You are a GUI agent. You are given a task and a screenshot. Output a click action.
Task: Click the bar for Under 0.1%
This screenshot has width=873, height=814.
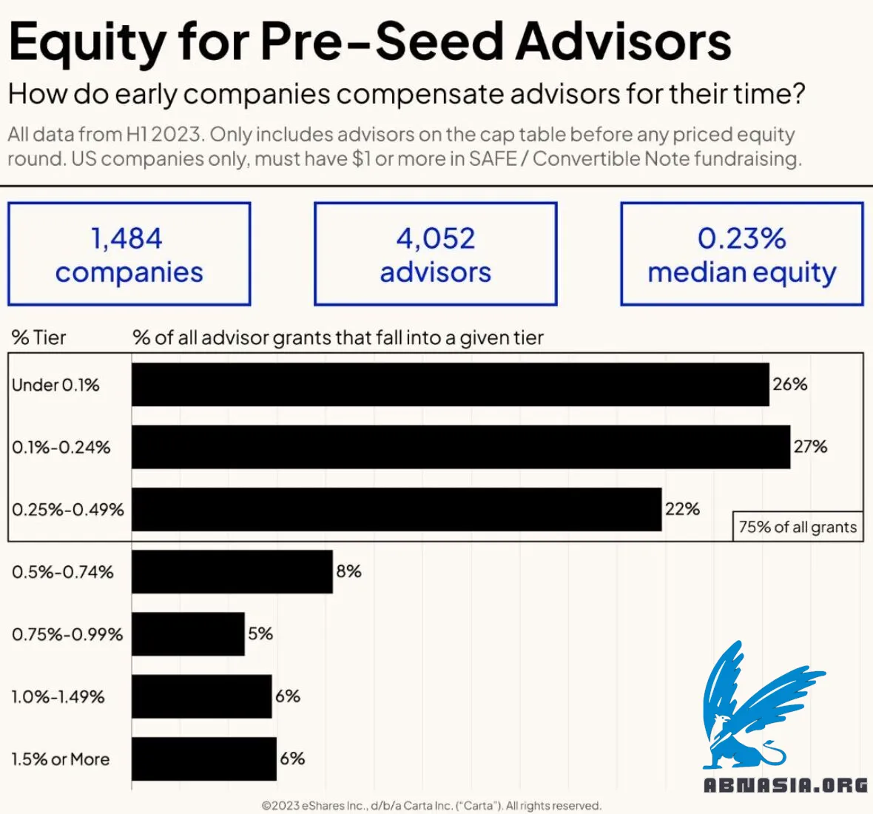pos(450,384)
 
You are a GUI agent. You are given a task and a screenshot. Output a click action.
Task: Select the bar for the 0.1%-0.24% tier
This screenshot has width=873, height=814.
pos(460,447)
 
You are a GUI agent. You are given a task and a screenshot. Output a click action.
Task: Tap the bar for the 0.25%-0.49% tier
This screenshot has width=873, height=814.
pos(397,509)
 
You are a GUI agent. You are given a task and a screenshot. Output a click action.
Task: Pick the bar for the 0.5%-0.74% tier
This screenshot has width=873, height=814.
pos(232,571)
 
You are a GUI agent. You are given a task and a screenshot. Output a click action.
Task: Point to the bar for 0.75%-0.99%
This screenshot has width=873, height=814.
pos(188,634)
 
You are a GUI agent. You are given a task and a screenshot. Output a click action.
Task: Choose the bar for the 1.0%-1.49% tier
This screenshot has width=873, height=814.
pos(201,696)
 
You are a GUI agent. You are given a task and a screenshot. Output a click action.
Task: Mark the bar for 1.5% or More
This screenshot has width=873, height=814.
pos(204,758)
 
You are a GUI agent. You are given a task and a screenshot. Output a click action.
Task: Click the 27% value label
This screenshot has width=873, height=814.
pos(810,447)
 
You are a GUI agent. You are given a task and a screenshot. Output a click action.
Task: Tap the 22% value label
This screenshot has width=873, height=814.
pos(682,509)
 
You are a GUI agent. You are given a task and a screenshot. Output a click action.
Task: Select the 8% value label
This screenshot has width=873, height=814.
pos(348,571)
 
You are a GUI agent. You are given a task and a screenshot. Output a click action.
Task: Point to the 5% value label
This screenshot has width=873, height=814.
pos(260,634)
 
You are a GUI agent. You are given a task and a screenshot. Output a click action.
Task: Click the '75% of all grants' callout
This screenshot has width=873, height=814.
pos(798,527)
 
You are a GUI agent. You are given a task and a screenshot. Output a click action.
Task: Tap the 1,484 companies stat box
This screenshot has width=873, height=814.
pos(129,254)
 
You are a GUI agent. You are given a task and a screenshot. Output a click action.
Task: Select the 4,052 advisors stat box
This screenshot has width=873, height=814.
pos(436,254)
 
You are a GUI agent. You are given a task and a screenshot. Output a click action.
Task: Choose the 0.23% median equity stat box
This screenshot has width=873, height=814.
pos(742,254)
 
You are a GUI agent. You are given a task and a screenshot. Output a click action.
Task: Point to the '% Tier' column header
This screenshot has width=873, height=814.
pos(38,338)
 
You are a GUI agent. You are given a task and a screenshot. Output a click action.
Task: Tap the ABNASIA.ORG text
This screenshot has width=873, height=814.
pos(785,785)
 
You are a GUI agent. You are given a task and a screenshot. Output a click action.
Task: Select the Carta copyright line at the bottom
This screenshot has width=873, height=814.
pos(431,806)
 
